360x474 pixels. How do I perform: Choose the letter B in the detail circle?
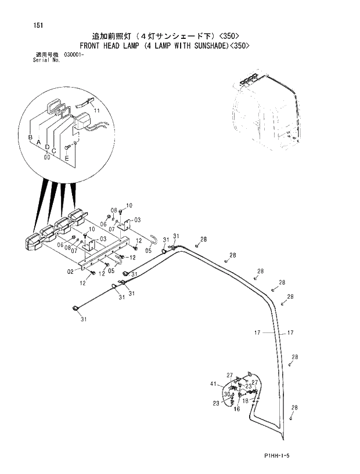click(30, 136)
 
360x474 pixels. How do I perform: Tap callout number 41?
click(214, 384)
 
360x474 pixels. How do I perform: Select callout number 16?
click(237, 408)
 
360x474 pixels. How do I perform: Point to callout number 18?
click(246, 400)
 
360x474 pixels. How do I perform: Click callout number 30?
click(227, 393)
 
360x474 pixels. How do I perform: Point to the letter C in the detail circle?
click(54, 151)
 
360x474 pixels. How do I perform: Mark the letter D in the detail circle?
click(47, 147)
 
